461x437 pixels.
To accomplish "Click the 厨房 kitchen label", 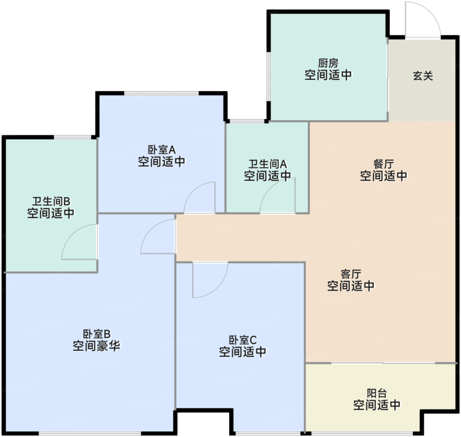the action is pos(328,63).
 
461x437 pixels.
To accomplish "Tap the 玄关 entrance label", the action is pos(423,76).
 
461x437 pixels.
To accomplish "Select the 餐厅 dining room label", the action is pos(383,164).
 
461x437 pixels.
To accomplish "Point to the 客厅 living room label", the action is pos(351,274).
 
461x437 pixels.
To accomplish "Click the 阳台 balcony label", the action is pos(377,393).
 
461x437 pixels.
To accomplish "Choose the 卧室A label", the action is pos(162,149).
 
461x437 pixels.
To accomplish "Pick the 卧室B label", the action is pos(96,334).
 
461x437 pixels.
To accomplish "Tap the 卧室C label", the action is pos(243,340).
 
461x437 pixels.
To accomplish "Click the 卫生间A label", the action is pos(268,164).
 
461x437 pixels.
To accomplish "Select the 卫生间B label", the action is pos(51,201).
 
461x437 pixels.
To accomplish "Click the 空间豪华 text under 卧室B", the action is pos(96,346).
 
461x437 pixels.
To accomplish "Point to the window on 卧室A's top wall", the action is pos(161,93).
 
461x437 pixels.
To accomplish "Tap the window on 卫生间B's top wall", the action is pos(72,137).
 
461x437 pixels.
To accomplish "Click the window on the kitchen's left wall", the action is pos(268,76).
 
